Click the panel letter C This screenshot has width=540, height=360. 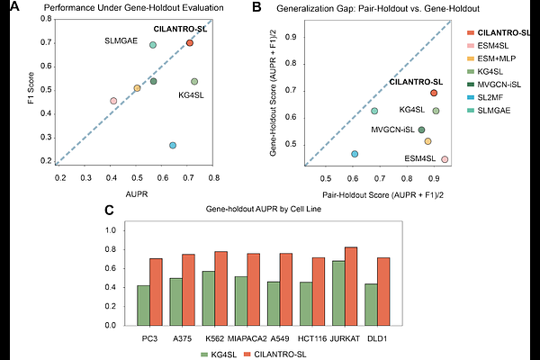[108, 211]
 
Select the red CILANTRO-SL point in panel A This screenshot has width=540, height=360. [190, 43]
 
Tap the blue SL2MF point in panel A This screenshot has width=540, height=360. [173, 145]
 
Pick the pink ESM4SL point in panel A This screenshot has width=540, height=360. [113, 101]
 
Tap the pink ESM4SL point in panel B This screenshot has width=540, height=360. [445, 159]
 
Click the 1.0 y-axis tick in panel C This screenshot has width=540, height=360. [113, 230]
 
